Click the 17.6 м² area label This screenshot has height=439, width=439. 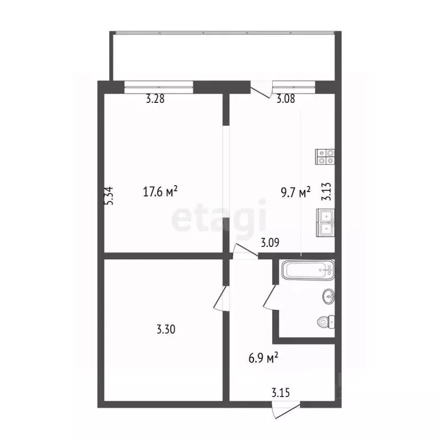(x=161, y=191)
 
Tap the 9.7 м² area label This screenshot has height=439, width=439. (x=296, y=192)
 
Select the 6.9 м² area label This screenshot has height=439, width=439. (x=263, y=357)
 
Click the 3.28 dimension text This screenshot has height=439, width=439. (x=155, y=99)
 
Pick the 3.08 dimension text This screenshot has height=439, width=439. (x=286, y=99)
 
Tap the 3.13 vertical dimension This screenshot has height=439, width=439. (x=326, y=191)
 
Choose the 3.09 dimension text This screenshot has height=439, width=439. (x=270, y=242)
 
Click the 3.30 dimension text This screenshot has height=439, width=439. (x=166, y=329)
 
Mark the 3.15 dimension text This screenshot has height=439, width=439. (x=281, y=393)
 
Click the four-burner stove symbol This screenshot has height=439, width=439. (x=325, y=157)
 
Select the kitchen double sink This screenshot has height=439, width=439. (x=325, y=222)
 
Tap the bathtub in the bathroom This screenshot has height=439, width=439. (x=308, y=270)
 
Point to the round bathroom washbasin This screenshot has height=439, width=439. (x=329, y=296)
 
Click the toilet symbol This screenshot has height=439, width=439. (x=326, y=322)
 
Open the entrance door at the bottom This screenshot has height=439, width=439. (x=286, y=410)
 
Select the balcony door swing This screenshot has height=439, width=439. (x=261, y=89)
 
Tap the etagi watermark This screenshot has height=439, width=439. (x=219, y=215)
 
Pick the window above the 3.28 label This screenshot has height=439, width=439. (x=159, y=87)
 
